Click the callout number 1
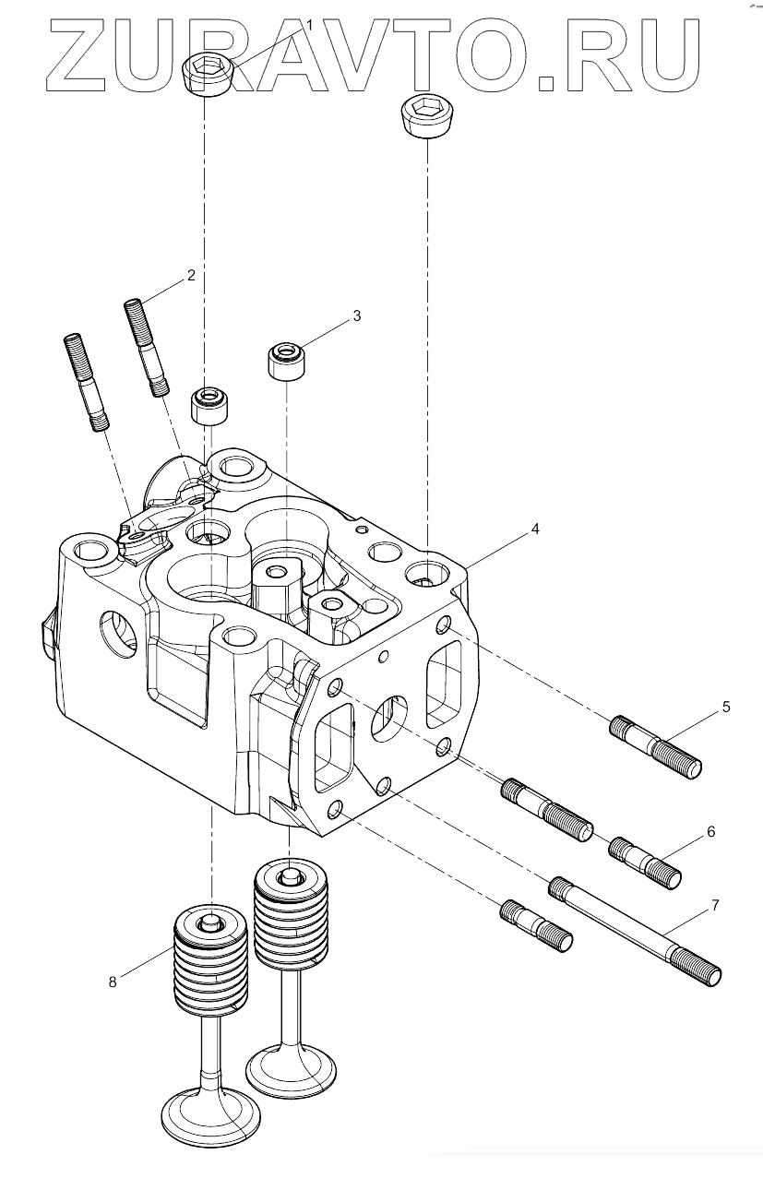click(310, 26)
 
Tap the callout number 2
click(191, 275)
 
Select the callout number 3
click(356, 315)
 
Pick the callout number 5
click(726, 708)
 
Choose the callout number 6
click(710, 831)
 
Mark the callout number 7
click(714, 906)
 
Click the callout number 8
click(113, 982)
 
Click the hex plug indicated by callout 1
click(206, 74)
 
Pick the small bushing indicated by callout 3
click(286, 360)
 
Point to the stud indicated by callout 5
click(657, 746)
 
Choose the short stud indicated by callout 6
click(646, 861)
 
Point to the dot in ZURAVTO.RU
click(546, 83)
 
